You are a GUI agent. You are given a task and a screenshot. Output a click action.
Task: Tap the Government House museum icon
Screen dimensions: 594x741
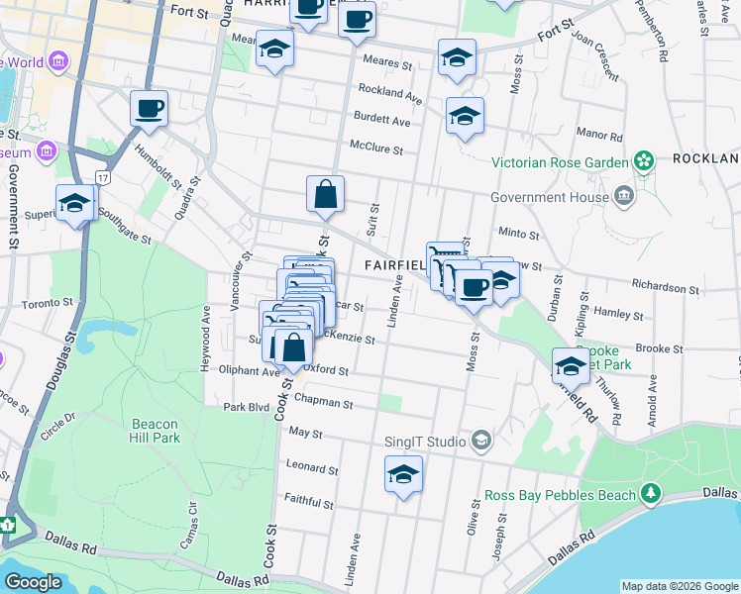coord(624,195)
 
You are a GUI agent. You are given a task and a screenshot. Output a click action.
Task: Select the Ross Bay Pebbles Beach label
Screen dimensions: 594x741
coord(561,494)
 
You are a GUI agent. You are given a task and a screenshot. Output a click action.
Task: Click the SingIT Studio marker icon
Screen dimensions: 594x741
coord(481,440)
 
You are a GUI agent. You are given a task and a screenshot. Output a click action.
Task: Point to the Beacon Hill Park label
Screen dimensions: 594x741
coord(155,431)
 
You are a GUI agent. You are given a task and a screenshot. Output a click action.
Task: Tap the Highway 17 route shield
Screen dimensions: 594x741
coord(103,176)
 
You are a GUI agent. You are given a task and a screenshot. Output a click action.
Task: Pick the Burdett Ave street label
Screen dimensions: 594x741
coord(385,121)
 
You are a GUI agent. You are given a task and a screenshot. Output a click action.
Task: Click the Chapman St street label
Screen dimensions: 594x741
coord(329,403)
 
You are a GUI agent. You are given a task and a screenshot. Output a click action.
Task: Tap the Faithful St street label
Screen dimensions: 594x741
coord(310,498)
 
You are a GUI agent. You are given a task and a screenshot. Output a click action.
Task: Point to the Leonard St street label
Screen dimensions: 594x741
coord(312,465)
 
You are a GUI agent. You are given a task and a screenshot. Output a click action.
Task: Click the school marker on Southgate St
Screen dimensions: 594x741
coord(74,204)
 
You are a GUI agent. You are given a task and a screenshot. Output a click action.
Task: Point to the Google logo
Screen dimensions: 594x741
coord(34,582)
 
